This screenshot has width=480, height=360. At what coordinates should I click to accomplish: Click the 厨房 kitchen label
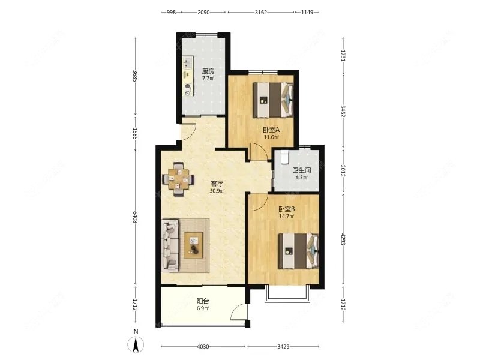(208, 71)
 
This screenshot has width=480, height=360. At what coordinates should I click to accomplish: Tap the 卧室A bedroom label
(271, 130)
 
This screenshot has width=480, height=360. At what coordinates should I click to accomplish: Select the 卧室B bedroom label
(287, 209)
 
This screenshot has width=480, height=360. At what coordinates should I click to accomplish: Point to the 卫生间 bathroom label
(302, 170)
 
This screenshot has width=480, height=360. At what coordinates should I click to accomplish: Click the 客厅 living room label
(217, 184)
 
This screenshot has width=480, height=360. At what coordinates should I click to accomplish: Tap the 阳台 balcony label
(203, 301)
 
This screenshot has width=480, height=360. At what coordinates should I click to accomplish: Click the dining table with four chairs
(178, 179)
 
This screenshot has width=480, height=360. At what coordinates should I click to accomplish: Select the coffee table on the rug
(193, 245)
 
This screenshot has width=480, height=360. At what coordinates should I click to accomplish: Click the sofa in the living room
(170, 245)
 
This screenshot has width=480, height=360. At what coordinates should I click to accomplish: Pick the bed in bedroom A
(273, 100)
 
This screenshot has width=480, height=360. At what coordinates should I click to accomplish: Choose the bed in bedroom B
(298, 251)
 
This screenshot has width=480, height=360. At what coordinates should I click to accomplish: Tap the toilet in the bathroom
(284, 157)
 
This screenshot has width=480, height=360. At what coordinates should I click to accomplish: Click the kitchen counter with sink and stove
(188, 76)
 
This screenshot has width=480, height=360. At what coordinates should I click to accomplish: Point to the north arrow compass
(136, 344)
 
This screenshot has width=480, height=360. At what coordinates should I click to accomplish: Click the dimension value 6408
(134, 217)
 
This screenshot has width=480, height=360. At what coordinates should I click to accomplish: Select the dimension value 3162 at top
(261, 12)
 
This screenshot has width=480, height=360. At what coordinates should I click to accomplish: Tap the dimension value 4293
(343, 239)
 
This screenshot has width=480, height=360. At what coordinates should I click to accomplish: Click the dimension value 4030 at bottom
(203, 347)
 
